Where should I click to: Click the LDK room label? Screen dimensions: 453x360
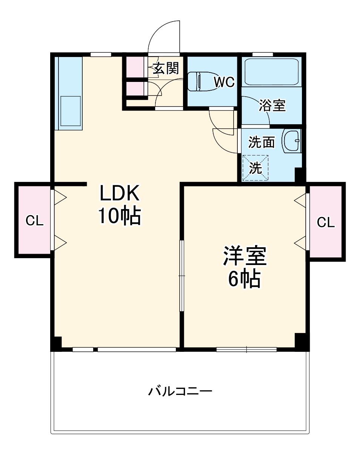pos(120,194)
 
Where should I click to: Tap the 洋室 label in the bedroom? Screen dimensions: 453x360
pos(245,256)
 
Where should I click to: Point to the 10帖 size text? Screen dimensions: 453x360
pos(120,216)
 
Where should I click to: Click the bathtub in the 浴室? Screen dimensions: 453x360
pos(271,71)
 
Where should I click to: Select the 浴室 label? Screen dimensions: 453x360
pos(272,106)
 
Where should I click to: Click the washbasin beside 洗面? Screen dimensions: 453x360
pos(291,141)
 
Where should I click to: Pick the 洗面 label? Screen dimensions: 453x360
pos(261,142)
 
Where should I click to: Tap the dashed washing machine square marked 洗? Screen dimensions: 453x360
pos(255,168)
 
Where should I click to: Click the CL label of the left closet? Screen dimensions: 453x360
pos(34,221)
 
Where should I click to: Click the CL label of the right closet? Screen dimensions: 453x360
pos(326,222)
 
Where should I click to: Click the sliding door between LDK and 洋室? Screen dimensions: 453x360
pos(182,276)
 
